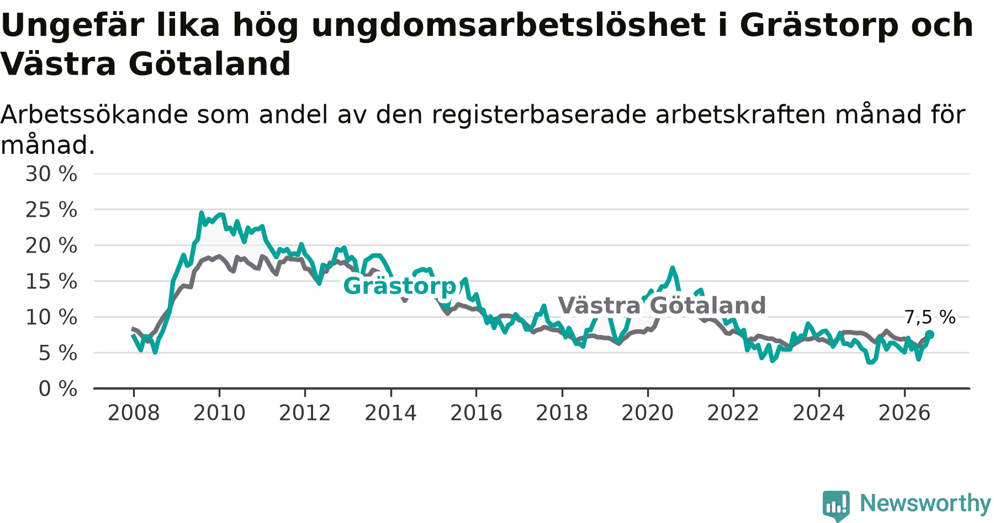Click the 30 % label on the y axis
pos(51,174)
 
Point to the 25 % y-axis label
pos(51,210)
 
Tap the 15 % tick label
pos(51,281)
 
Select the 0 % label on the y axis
pos(58,389)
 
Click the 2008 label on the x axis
pos(134,413)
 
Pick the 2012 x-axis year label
pos(305,413)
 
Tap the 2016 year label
pos(476,413)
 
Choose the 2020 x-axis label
pos(648,413)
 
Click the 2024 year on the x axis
pos(819,413)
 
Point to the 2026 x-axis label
pos(905,413)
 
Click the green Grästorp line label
pos(400,286)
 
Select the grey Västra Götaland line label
pos(662,305)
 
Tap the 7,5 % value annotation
pos(930,317)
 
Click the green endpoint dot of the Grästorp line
pos(930,334)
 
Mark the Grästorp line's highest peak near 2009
pos(202,213)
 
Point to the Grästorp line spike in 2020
pos(672,269)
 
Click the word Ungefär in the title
pos(72,25)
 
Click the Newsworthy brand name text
pos(926,503)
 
